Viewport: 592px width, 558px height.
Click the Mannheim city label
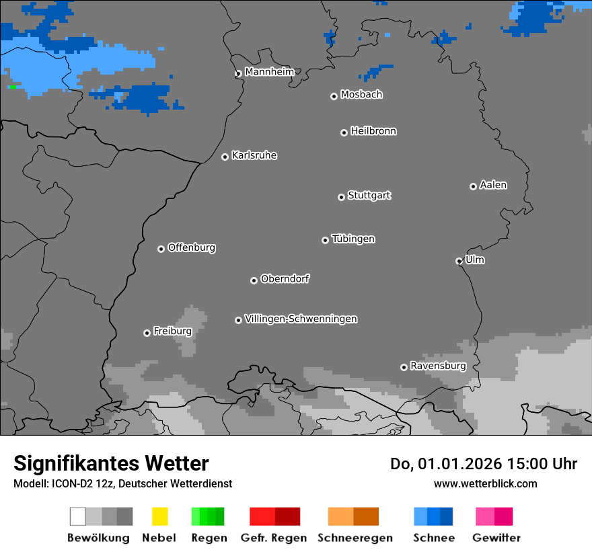click(269, 72)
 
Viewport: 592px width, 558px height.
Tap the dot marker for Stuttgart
click(341, 197)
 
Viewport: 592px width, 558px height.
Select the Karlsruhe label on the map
click(254, 155)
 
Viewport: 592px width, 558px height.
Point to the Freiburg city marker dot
click(147, 333)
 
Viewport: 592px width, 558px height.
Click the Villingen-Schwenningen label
click(301, 319)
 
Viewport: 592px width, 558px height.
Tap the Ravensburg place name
click(438, 366)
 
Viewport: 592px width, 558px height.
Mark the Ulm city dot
click(459, 261)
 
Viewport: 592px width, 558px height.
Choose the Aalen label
click(493, 185)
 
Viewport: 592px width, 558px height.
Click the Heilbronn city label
click(373, 131)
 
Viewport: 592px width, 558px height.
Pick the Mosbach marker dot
click(334, 96)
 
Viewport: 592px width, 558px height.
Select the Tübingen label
click(353, 239)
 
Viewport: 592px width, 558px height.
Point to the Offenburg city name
click(192, 247)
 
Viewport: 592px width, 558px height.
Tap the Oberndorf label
click(285, 278)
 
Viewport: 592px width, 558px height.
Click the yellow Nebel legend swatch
click(159, 516)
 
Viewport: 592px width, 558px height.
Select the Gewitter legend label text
click(496, 538)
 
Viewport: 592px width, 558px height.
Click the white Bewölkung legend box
click(77, 516)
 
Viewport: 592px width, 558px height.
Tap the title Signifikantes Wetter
click(111, 463)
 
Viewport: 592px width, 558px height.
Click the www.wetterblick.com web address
click(485, 483)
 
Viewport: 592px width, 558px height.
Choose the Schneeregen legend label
click(355, 538)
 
